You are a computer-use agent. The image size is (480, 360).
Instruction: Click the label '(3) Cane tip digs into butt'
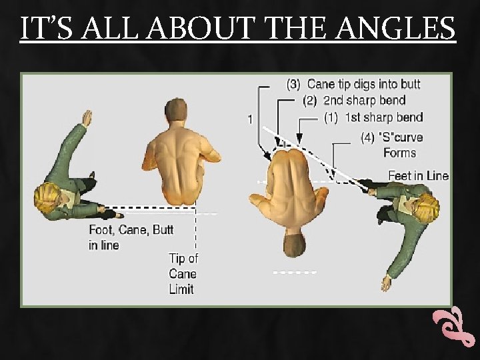353,85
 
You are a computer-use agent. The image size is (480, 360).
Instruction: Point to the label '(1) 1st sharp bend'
373,118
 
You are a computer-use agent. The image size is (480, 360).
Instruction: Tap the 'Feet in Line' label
418,176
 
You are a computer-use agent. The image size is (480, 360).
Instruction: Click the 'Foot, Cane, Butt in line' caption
131,237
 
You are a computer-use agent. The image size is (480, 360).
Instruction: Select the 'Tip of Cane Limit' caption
183,273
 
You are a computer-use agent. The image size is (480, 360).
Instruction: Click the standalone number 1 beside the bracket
249,119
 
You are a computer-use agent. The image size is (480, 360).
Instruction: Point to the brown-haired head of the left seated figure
177,109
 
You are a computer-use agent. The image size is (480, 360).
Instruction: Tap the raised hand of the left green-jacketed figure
86,119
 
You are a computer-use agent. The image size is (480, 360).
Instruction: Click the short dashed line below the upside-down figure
295,272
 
